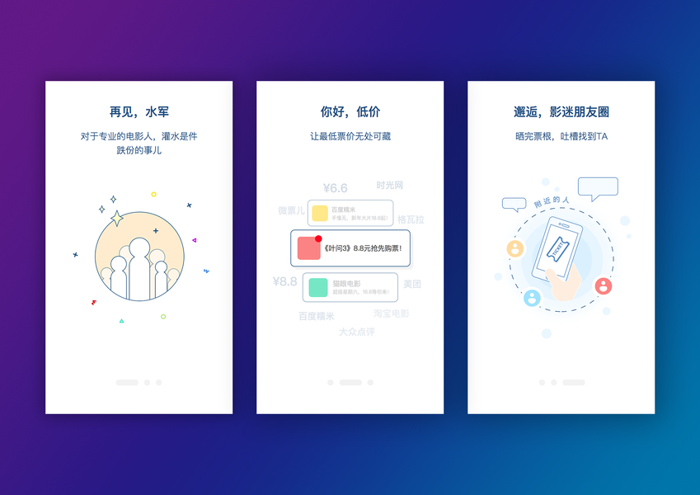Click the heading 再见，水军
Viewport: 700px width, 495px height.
[139, 111]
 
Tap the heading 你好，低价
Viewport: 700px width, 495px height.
[350, 111]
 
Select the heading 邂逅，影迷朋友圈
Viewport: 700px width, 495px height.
[561, 111]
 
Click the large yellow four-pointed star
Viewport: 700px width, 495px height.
[117, 218]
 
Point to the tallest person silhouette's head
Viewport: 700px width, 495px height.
[139, 246]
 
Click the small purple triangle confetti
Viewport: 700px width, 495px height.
[194, 240]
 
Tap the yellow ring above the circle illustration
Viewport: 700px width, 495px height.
[153, 195]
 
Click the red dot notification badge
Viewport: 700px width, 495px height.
[318, 238]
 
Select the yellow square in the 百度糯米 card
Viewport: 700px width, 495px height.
[319, 213]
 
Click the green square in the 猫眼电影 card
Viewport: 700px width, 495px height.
[318, 287]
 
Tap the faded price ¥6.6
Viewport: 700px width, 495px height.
[335, 188]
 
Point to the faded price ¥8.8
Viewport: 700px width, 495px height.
[284, 281]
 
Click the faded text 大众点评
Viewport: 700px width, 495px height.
[357, 332]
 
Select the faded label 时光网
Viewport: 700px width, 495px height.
[389, 185]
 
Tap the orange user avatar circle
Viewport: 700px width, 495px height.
[515, 247]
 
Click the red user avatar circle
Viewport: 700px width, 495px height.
[604, 285]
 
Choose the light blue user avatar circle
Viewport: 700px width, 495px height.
[533, 297]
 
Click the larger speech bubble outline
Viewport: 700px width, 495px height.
[598, 187]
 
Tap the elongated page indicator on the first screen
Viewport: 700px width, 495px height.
[127, 383]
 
